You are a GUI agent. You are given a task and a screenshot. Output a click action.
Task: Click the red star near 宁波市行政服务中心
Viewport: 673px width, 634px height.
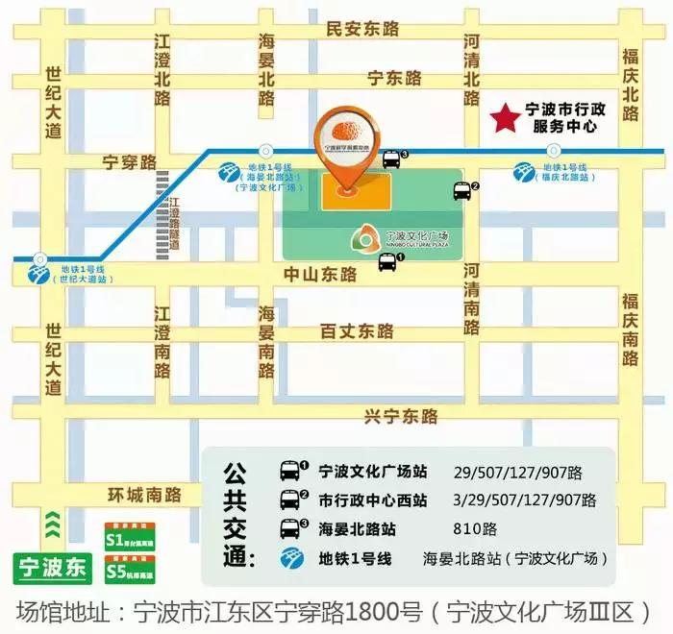[x=504, y=119]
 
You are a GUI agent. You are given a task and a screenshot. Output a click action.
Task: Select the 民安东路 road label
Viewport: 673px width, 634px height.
[x=361, y=29]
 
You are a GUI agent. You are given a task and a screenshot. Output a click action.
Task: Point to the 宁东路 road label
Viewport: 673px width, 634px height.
[x=395, y=78]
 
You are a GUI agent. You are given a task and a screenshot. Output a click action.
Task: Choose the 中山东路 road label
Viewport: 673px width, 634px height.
[x=320, y=274]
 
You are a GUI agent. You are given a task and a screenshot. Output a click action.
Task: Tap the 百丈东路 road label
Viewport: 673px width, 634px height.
[x=357, y=331]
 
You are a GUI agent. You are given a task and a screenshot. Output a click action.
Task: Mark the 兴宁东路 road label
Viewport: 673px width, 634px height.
[x=401, y=416]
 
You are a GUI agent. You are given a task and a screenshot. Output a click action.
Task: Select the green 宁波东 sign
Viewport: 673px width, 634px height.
[x=52, y=567]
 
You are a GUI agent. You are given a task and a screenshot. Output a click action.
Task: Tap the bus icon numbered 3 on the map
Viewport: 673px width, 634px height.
[x=391, y=159]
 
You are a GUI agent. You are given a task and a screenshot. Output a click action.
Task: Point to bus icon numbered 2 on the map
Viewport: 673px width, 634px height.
[x=461, y=191]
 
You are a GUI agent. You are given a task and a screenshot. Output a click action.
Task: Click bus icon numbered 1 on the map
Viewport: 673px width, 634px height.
[x=387, y=262]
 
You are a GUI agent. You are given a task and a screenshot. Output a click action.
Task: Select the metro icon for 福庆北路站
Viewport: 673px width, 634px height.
[x=524, y=172]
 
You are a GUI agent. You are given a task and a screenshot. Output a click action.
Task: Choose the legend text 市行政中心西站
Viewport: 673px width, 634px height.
[x=373, y=500]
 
